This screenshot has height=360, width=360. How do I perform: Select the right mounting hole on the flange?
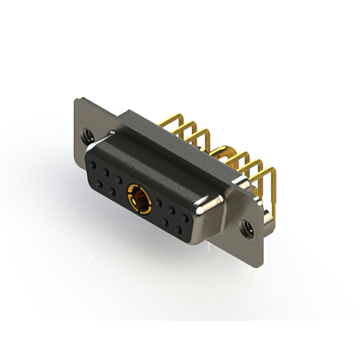pyautogui.click(x=246, y=228)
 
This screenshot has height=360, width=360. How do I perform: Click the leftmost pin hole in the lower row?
pyautogui.click(x=99, y=184)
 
